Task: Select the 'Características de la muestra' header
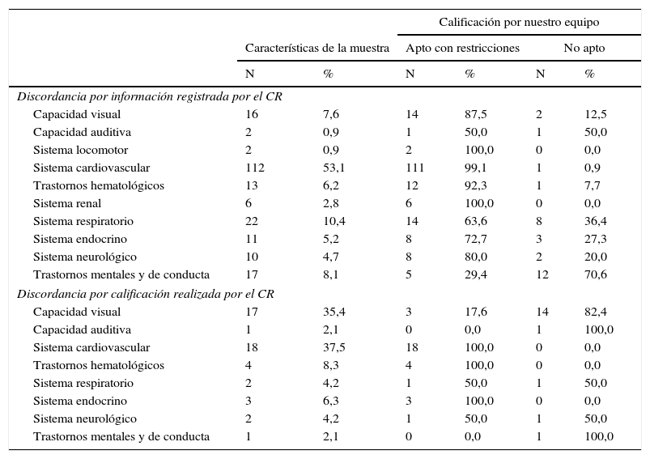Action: (317, 49)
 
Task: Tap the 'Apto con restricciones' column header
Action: (462, 49)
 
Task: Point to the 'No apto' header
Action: (584, 49)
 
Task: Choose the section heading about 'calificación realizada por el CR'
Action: (145, 294)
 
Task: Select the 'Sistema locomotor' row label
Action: (80, 150)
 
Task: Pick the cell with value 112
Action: (255, 168)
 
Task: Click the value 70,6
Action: (596, 274)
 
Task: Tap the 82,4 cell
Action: (596, 312)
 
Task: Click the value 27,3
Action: (596, 239)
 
